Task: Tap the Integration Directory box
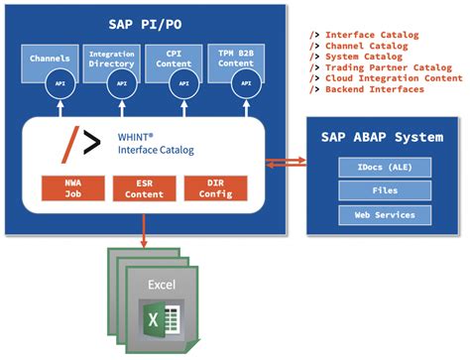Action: coord(112,62)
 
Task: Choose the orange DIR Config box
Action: coord(216,188)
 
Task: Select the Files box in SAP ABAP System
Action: coord(386,189)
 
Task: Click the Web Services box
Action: coord(386,215)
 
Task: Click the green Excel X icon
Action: coord(154,322)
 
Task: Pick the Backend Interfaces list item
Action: coord(375,89)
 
